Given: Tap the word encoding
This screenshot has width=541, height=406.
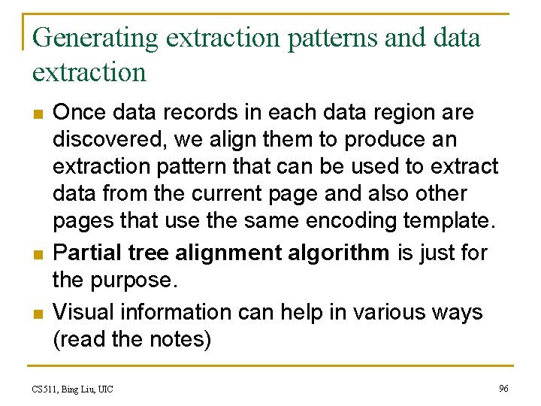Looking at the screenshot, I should (x=350, y=220).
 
